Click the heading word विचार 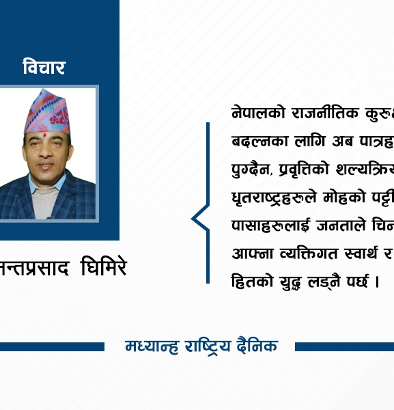tap(44, 68)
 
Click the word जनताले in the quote tap(337, 225)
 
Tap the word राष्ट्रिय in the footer tap(204, 346)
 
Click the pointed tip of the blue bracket tap(193, 219)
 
